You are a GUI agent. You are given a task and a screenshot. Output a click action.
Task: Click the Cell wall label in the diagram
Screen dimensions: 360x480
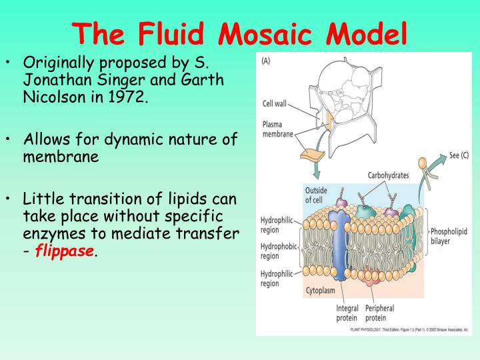click(275, 103)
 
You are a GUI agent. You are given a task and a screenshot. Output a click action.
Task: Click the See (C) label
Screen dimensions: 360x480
click(455, 155)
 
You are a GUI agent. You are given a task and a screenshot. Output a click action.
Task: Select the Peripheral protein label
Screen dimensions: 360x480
click(379, 313)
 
